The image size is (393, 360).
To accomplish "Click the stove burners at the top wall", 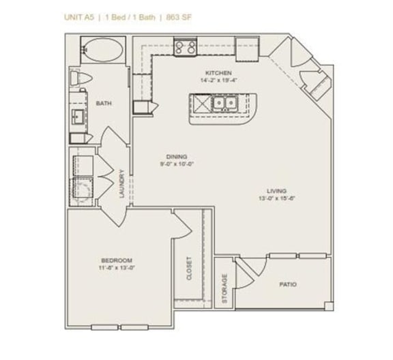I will coord(184,48).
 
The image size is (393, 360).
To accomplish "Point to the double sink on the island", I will coord(223,103).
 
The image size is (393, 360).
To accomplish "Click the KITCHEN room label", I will coord(218,73).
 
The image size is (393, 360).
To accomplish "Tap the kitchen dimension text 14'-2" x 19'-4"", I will coord(218,80).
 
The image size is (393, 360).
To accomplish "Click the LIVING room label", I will coord(276,191).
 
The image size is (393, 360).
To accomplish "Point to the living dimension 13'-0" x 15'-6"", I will coord(276,198).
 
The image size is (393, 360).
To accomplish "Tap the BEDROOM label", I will coord(116,261).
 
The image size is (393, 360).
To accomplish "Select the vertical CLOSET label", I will coord(190,268).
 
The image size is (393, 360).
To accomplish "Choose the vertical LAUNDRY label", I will coord(121,183).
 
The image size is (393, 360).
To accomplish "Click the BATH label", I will coord(104,104).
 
